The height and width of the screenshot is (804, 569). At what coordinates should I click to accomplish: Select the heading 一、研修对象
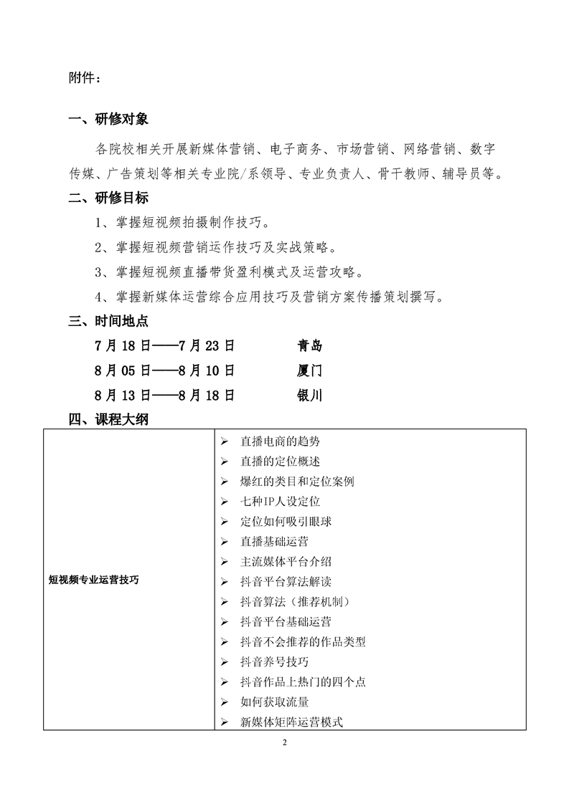(x=108, y=120)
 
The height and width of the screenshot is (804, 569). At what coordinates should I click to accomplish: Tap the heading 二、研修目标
(x=108, y=198)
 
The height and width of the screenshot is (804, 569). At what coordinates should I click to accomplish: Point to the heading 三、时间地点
(x=108, y=321)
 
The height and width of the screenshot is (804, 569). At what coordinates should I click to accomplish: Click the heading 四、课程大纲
(x=108, y=420)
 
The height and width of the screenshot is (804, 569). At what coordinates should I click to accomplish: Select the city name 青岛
(x=310, y=346)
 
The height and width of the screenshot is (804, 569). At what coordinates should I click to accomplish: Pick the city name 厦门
(x=310, y=370)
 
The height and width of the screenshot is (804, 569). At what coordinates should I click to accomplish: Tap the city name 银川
(x=310, y=396)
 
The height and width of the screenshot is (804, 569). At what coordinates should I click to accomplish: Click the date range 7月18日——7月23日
(x=164, y=346)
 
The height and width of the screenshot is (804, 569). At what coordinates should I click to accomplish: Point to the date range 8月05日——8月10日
(x=164, y=370)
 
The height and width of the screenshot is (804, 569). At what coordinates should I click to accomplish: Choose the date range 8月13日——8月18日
(x=164, y=396)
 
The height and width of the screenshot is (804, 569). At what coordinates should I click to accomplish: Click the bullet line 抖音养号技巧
(x=275, y=661)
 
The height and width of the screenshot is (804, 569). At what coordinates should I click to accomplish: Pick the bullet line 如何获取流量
(x=275, y=702)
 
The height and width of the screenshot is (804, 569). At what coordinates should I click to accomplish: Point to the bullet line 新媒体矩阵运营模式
(x=291, y=722)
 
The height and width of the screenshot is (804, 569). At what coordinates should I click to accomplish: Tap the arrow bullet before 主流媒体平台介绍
(x=225, y=562)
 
